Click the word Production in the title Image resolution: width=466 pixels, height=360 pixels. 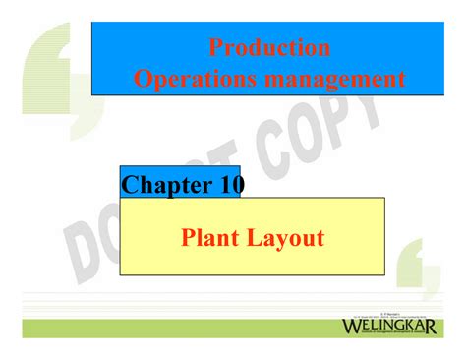[x=268, y=47]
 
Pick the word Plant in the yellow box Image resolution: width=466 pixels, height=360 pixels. [x=212, y=237]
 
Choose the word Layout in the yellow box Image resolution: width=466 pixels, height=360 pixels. [x=287, y=237]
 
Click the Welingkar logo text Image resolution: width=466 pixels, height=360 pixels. [x=389, y=327]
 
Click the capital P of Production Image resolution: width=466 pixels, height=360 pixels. [x=215, y=47]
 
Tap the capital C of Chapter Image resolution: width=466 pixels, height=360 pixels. [x=131, y=184]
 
